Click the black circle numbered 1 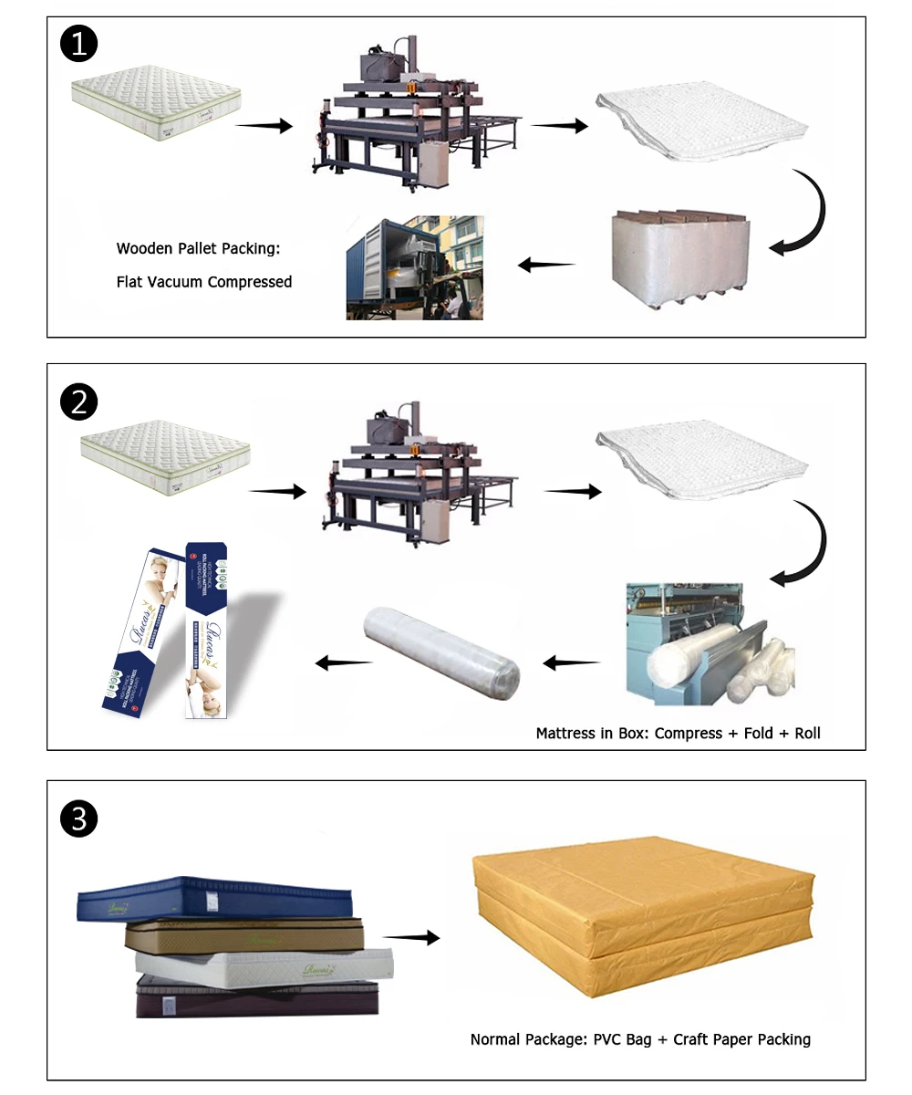click(x=78, y=45)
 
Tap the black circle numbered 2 click(x=78, y=402)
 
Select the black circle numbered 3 click(x=78, y=819)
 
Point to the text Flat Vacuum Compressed click(x=204, y=282)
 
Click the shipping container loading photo click(x=414, y=267)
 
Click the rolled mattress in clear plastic click(x=443, y=654)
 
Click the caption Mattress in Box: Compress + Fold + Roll click(x=678, y=733)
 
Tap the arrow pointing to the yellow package click(x=410, y=938)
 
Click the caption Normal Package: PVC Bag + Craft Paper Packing click(x=640, y=1038)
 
